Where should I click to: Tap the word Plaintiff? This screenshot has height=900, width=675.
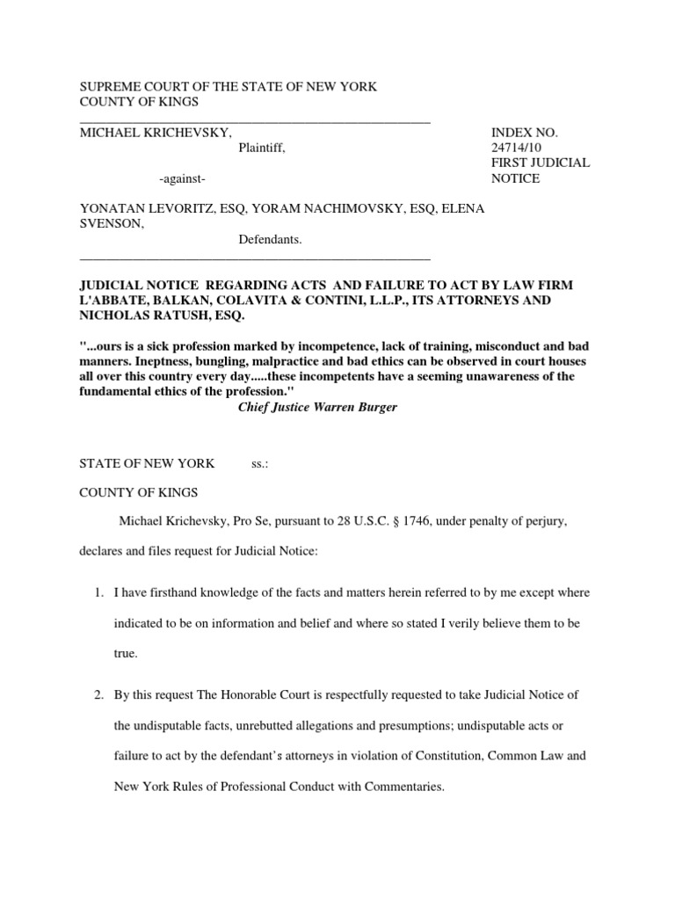261,148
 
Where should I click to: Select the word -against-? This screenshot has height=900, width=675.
183,179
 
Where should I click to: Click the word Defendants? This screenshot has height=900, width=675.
270,239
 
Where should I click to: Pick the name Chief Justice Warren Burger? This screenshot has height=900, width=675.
317,408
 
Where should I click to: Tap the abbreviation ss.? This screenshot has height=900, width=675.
259,463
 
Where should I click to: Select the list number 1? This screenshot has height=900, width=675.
98,593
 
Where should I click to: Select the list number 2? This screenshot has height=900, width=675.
98,695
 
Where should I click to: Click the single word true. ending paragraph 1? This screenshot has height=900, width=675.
127,655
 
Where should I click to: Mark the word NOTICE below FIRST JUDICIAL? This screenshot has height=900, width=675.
515,178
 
